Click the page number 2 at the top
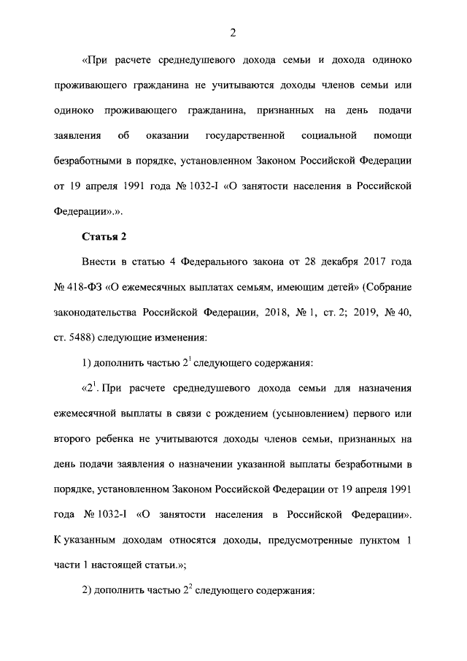point(233,31)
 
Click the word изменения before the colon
point(196,336)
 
